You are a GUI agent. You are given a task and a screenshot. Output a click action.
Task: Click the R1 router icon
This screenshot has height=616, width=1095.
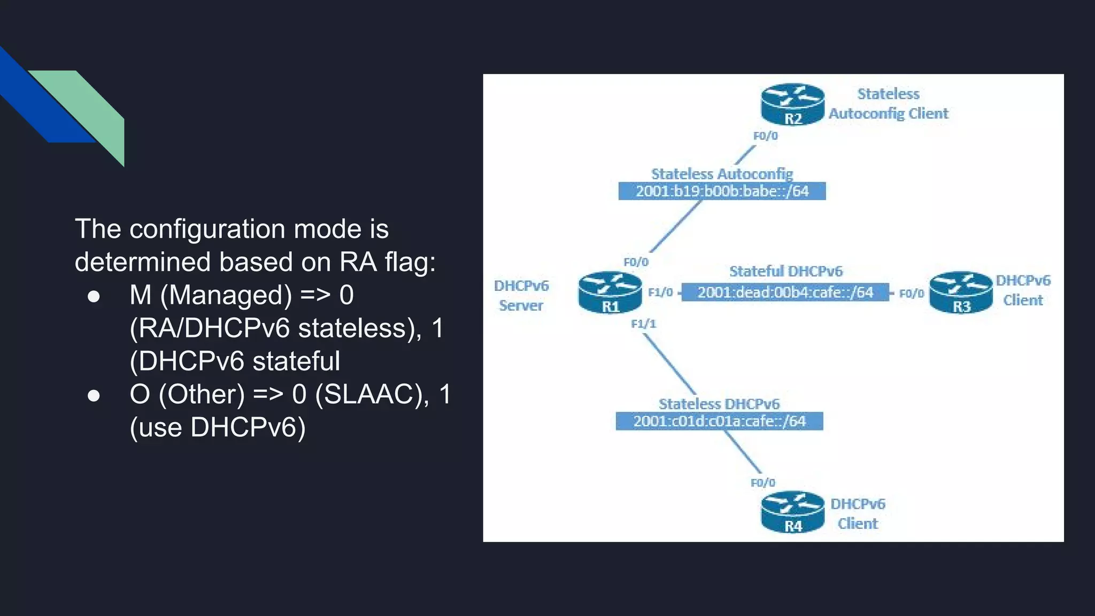pyautogui.click(x=610, y=292)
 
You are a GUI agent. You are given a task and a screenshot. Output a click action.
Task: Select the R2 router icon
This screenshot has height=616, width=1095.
pyautogui.click(x=792, y=104)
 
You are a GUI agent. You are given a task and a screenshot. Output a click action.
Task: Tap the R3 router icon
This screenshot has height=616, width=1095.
pyautogui.click(x=961, y=292)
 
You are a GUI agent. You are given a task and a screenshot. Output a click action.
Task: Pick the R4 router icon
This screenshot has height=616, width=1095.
pyautogui.click(x=792, y=512)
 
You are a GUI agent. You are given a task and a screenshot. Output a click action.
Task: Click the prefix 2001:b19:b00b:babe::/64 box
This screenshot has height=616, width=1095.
pyautogui.click(x=722, y=191)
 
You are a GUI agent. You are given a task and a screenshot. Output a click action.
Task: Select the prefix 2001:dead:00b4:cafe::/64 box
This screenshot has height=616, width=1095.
pyautogui.click(x=785, y=292)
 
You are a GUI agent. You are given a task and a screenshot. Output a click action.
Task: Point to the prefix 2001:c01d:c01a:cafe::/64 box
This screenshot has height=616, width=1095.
pyautogui.click(x=719, y=421)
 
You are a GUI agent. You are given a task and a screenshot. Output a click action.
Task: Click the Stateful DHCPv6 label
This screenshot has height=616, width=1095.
pyautogui.click(x=785, y=271)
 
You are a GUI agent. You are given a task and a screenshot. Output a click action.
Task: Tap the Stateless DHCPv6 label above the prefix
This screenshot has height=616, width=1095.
pyautogui.click(x=719, y=404)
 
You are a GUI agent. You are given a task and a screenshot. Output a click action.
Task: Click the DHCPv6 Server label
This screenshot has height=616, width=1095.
pyautogui.click(x=521, y=295)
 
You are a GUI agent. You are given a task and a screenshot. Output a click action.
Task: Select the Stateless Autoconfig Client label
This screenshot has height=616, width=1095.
pyautogui.click(x=888, y=104)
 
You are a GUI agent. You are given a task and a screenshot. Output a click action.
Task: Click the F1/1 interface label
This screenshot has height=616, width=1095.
pyautogui.click(x=643, y=324)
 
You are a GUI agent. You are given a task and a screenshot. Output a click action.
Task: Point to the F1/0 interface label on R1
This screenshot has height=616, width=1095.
pyautogui.click(x=660, y=292)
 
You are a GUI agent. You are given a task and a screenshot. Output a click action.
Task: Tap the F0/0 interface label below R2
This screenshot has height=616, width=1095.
pyautogui.click(x=765, y=136)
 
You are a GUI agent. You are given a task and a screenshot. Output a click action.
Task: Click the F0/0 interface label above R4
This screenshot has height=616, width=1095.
pyautogui.click(x=762, y=483)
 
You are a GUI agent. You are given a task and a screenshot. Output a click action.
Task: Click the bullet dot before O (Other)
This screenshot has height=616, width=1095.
pyautogui.click(x=94, y=395)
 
